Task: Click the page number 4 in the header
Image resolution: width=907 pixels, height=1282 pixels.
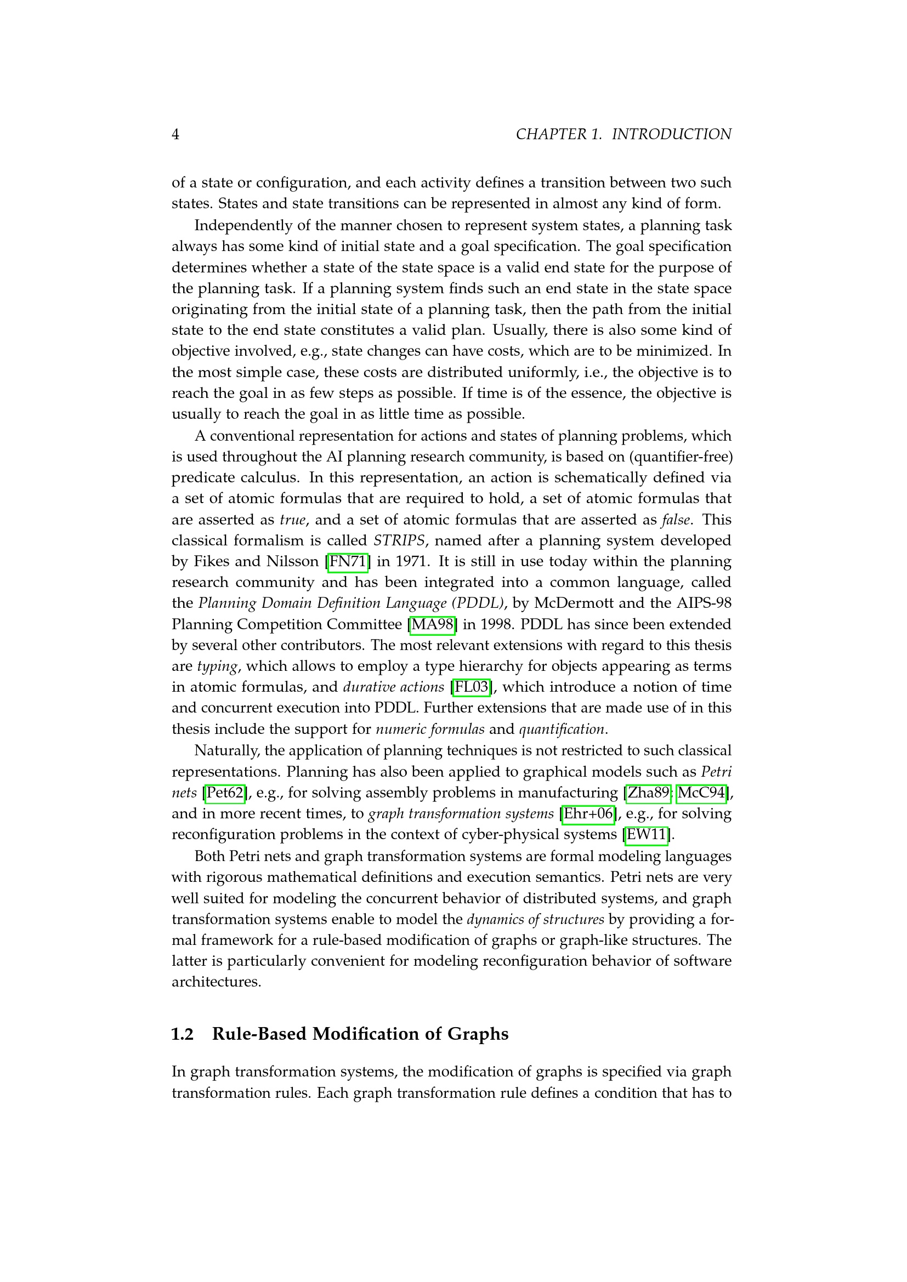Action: pyautogui.click(x=175, y=135)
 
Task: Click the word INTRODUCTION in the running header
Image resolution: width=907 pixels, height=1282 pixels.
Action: pyautogui.click(x=671, y=135)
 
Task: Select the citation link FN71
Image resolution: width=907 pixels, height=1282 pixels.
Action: pyautogui.click(x=347, y=562)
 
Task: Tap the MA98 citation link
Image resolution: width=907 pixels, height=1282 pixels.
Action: pyautogui.click(x=432, y=624)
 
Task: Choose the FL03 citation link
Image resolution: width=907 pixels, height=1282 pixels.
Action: pyautogui.click(x=472, y=687)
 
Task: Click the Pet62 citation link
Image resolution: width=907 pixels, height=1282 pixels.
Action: pyautogui.click(x=225, y=793)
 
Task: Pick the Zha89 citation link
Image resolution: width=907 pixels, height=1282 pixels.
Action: pyautogui.click(x=648, y=793)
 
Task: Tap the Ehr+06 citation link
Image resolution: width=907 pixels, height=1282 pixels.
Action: pyautogui.click(x=588, y=813)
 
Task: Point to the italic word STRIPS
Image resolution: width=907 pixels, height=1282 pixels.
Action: pyautogui.click(x=399, y=540)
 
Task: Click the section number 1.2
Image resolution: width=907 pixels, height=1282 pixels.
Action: pyautogui.click(x=182, y=1034)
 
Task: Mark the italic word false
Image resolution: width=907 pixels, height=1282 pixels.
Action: pyautogui.click(x=675, y=520)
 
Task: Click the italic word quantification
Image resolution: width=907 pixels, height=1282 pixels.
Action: pyautogui.click(x=562, y=730)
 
